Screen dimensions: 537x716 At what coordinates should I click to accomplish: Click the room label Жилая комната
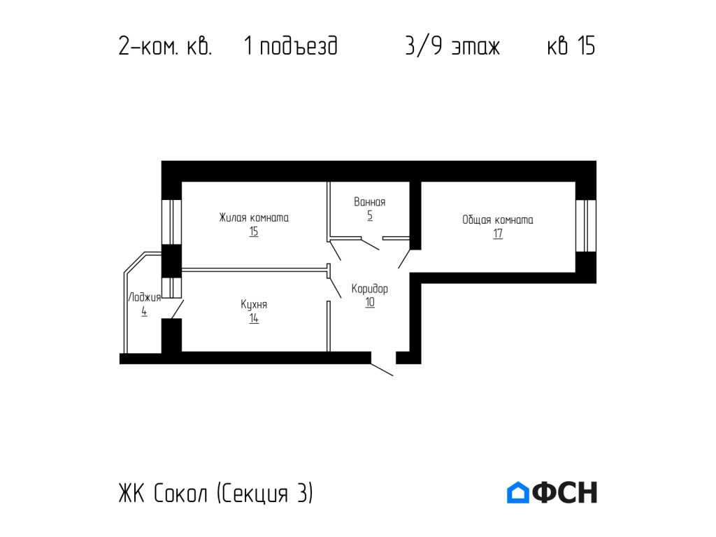(253, 217)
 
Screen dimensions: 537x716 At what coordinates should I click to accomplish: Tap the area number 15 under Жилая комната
(253, 232)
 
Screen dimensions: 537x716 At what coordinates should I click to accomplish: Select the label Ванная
(369, 202)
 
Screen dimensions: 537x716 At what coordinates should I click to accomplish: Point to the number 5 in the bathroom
(369, 216)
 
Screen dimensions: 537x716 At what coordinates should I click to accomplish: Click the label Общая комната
(497, 220)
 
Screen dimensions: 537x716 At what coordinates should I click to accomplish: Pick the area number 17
(497, 234)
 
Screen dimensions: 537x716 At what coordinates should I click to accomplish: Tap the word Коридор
(369, 288)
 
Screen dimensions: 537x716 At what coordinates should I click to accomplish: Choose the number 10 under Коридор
(369, 303)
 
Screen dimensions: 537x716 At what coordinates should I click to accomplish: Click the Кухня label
(253, 305)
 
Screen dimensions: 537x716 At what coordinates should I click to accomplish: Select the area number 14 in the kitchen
(253, 319)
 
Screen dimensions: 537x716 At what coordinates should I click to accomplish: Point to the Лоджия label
(144, 297)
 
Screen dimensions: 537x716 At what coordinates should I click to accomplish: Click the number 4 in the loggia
(144, 312)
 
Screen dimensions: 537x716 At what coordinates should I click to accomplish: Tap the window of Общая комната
(586, 225)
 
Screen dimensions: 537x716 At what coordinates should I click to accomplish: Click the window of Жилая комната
(172, 222)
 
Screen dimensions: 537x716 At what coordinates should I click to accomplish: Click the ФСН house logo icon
(517, 493)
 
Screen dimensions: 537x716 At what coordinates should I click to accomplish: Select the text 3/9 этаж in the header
(452, 47)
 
